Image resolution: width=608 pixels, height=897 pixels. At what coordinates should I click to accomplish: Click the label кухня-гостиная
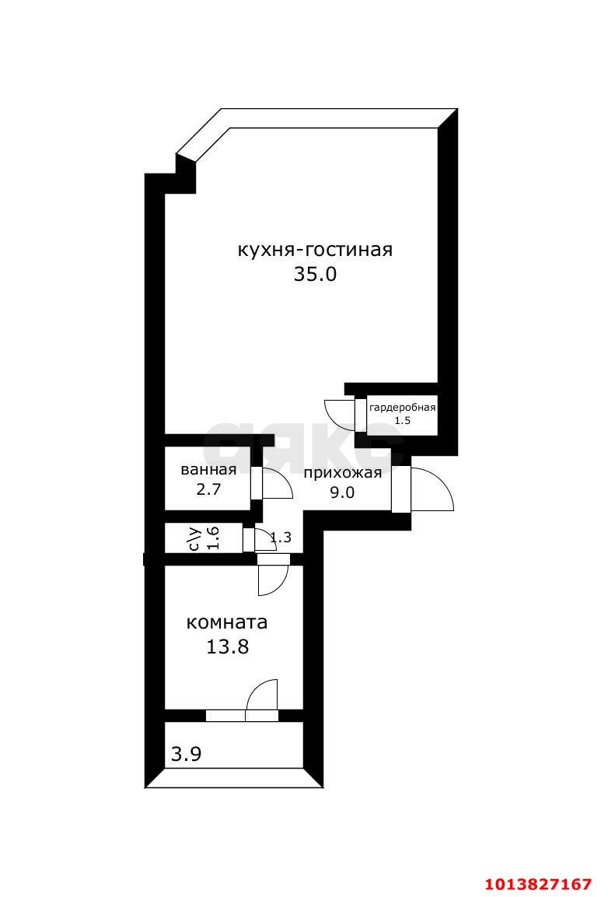click(x=315, y=250)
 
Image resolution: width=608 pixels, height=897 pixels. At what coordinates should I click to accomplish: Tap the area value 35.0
click(x=315, y=275)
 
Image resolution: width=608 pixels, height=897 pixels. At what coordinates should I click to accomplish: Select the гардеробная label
click(x=403, y=408)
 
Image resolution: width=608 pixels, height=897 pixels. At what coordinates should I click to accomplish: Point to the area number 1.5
click(x=403, y=420)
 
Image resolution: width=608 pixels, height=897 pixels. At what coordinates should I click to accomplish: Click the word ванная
click(x=208, y=470)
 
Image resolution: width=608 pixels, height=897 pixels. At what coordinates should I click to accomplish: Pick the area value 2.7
click(x=208, y=489)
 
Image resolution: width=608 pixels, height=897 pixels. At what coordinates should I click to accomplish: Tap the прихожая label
click(x=343, y=473)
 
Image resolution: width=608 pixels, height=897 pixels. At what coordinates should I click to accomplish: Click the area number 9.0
click(x=342, y=492)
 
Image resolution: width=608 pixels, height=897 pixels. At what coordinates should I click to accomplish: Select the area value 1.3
click(x=281, y=537)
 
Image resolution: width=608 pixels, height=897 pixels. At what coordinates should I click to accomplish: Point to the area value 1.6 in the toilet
click(x=213, y=538)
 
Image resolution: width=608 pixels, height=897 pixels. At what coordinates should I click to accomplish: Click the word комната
click(x=227, y=622)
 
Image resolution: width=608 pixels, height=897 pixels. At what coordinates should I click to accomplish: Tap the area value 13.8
click(x=227, y=647)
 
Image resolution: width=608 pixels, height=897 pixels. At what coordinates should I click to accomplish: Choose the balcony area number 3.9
click(x=187, y=755)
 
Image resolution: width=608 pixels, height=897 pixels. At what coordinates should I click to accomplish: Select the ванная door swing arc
click(x=285, y=479)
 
